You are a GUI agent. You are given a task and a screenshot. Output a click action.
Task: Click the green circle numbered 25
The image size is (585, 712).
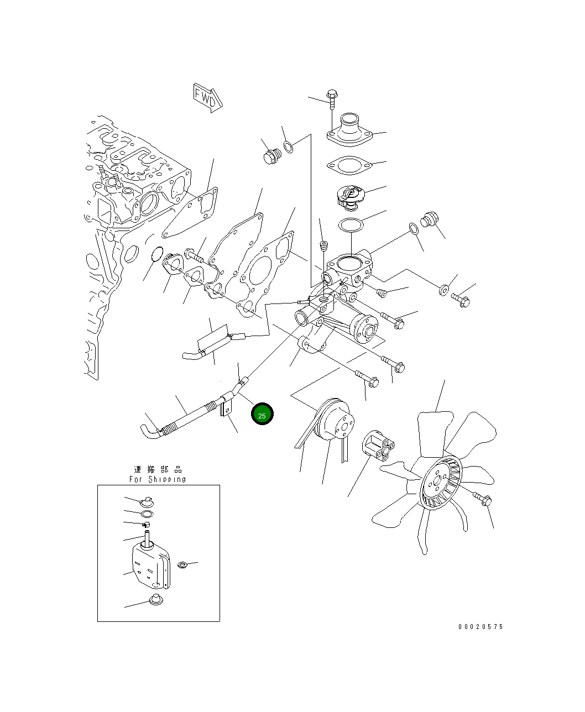[x=262, y=414]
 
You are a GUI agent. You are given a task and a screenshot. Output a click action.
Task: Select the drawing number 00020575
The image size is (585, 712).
[x=480, y=627]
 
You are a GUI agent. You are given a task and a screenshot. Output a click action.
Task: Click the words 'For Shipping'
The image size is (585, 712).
[x=158, y=479]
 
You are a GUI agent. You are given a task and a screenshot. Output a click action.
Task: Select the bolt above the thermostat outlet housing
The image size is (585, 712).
[x=332, y=99]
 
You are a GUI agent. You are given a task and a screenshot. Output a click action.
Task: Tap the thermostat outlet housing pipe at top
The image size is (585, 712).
[x=349, y=130]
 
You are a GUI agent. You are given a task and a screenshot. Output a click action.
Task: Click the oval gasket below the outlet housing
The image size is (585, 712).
[x=349, y=165]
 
